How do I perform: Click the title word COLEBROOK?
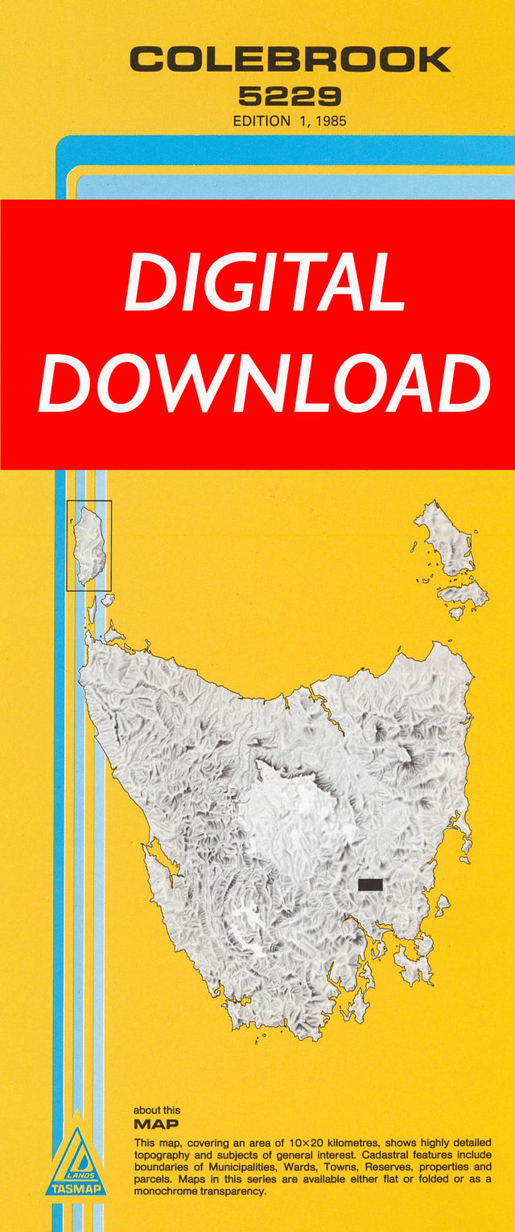290,60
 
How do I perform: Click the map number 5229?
290,97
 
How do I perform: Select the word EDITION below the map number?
262,121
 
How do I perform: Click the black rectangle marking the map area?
369,885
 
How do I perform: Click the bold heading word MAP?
156,1123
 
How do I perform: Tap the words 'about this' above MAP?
157,1110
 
